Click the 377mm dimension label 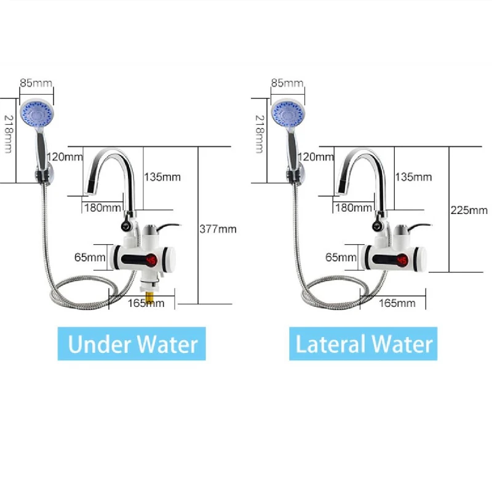(x=218, y=229)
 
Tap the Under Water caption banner (x=132, y=344)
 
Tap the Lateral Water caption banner (x=363, y=344)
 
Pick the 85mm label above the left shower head (x=36, y=82)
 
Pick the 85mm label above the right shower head (x=287, y=82)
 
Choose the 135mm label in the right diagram (x=413, y=177)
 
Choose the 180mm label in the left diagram (x=103, y=207)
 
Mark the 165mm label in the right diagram (x=397, y=303)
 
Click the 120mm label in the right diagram (x=317, y=157)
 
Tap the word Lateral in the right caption (x=327, y=344)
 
